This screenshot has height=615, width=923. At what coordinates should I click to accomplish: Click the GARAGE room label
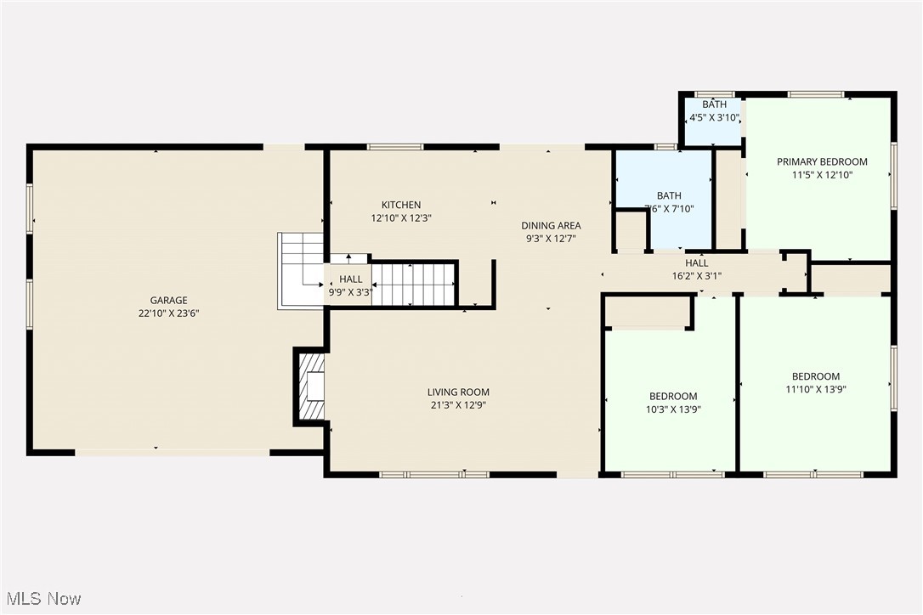[168, 300]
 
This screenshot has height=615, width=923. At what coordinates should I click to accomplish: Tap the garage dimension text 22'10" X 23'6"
[168, 313]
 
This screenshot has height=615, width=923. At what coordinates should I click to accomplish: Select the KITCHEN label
[400, 205]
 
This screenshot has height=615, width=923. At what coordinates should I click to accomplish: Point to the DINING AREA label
[551, 225]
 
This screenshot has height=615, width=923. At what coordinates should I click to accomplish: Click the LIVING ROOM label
[458, 392]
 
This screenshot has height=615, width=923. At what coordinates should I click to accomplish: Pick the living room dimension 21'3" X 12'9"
[458, 405]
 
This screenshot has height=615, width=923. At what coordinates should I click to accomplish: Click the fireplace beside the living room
[313, 386]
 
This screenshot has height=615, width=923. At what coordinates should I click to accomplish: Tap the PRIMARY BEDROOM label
[822, 161]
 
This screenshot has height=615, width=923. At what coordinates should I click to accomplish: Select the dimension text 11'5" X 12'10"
[822, 175]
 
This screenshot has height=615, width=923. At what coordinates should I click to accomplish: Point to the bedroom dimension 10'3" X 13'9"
[673, 409]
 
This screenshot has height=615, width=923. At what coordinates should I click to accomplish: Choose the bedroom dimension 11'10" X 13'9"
[815, 390]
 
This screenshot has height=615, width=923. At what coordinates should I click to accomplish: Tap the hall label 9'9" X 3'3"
[350, 292]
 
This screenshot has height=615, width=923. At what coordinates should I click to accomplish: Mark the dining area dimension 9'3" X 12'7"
[551, 239]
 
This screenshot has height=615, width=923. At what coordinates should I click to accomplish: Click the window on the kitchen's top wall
[395, 147]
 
